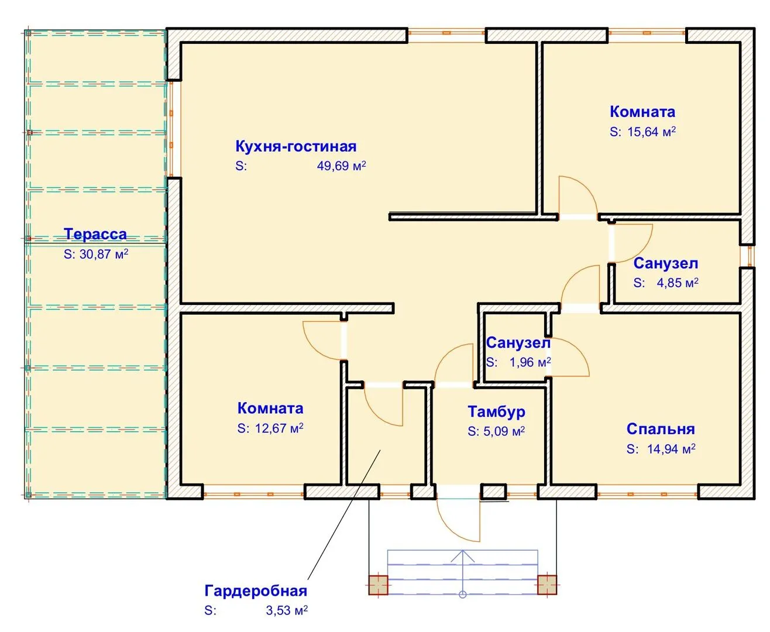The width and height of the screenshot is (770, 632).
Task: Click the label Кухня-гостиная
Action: point(295,146)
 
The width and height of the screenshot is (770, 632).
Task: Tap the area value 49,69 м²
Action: point(341,166)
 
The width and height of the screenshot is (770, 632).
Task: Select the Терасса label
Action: point(95,234)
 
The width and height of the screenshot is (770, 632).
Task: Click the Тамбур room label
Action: point(496,412)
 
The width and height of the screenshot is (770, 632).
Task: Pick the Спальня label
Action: point(661,429)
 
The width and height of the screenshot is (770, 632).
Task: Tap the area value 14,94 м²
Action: point(671,449)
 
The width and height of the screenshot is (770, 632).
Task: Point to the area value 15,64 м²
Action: point(651,132)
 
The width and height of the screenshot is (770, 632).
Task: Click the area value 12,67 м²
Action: point(279,428)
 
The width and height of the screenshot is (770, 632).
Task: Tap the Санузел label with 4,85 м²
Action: point(666,263)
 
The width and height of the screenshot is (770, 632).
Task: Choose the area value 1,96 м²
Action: point(530,362)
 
